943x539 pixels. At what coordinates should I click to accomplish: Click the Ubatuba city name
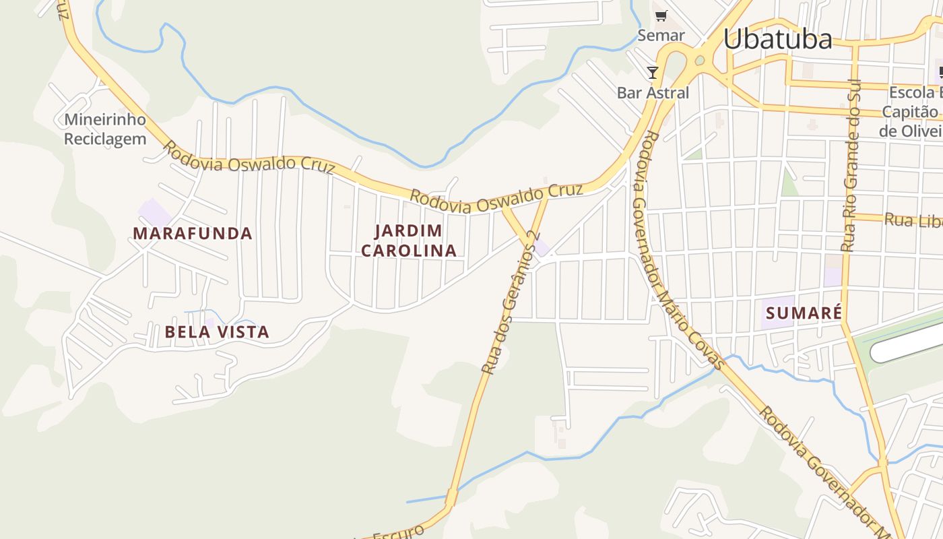coord(777,39)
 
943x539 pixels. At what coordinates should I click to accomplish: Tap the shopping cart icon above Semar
coord(661,15)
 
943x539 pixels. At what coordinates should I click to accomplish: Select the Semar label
coord(661,35)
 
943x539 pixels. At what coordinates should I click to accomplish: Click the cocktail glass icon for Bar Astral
coord(652,72)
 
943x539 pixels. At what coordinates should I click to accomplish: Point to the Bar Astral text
coord(653,92)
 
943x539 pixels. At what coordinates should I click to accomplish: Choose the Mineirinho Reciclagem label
coord(104,129)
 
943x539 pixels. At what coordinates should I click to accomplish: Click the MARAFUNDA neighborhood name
coord(193,234)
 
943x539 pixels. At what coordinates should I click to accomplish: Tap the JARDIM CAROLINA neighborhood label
coord(409,241)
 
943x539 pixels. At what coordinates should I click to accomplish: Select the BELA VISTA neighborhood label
coord(217,331)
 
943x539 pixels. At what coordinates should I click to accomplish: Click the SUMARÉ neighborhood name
coord(804,313)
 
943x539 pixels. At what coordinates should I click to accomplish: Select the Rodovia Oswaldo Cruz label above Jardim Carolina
coord(496,196)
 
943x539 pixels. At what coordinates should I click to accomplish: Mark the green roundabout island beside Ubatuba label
coord(700,61)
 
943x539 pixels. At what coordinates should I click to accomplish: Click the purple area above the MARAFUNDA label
coord(154,212)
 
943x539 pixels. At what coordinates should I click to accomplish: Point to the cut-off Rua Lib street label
coord(913,220)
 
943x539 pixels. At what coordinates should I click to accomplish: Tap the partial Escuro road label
coord(398,532)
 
